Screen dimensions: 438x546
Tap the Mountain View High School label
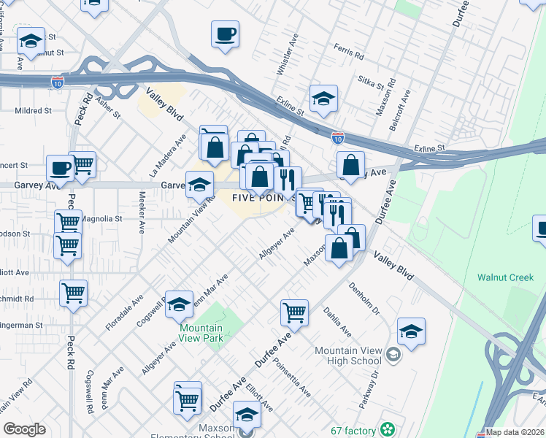(348, 356)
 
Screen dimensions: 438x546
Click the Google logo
(24, 429)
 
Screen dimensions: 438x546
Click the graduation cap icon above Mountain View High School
(411, 331)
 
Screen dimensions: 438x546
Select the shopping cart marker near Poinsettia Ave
(294, 312)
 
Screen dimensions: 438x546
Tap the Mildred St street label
(33, 111)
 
